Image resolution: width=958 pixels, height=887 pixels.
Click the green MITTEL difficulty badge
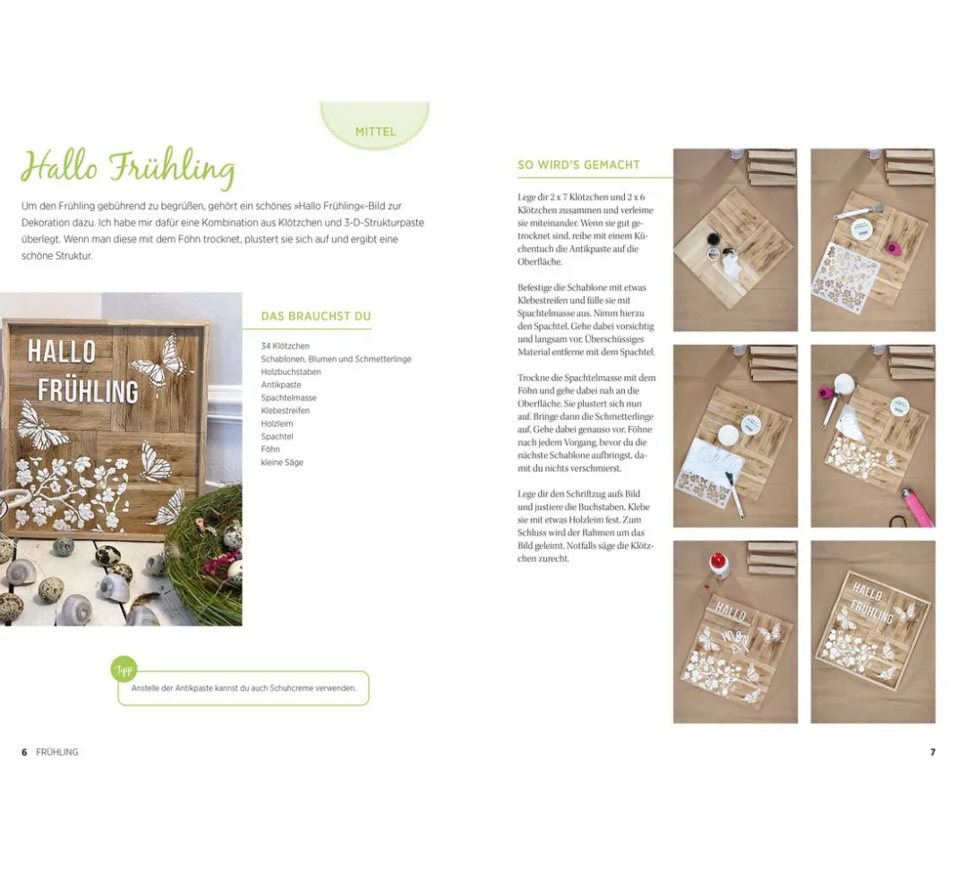(375, 125)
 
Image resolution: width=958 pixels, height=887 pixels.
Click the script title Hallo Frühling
(128, 168)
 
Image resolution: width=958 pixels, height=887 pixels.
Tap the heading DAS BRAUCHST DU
(316, 317)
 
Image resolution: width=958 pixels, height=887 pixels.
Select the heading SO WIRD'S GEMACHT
(578, 165)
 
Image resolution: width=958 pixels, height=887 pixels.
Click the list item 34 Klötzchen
(286, 345)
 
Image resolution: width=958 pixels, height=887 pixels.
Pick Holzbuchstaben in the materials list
(291, 371)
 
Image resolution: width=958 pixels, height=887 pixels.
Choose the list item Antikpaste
(281, 385)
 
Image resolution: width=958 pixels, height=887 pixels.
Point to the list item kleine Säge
(282, 463)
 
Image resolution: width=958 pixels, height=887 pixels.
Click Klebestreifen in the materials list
(286, 411)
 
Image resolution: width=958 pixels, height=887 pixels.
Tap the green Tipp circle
(124, 670)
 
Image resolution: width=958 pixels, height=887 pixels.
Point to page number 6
(24, 752)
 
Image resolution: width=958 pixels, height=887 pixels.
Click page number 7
(932, 752)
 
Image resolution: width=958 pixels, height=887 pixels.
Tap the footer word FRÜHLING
(57, 752)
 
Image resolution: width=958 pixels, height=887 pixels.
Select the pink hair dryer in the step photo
(918, 506)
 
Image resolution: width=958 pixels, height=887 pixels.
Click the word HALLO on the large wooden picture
(62, 352)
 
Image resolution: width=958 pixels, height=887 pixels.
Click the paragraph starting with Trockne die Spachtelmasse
(586, 422)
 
